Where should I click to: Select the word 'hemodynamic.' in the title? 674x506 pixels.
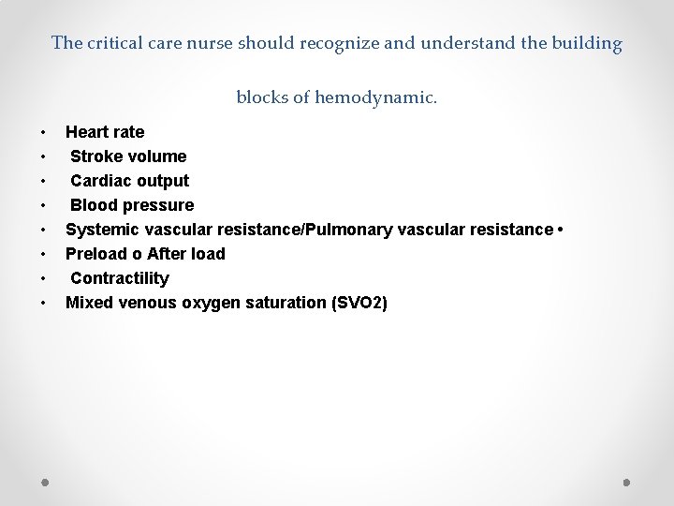(376, 97)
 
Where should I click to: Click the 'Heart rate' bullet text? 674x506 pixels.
(105, 132)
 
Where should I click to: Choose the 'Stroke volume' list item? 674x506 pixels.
(128, 156)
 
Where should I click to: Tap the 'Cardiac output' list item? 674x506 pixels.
(129, 181)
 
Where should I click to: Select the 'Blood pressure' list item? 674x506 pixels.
(132, 205)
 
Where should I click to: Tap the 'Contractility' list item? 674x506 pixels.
(120, 278)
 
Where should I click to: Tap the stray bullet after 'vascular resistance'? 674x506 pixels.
(559, 230)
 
